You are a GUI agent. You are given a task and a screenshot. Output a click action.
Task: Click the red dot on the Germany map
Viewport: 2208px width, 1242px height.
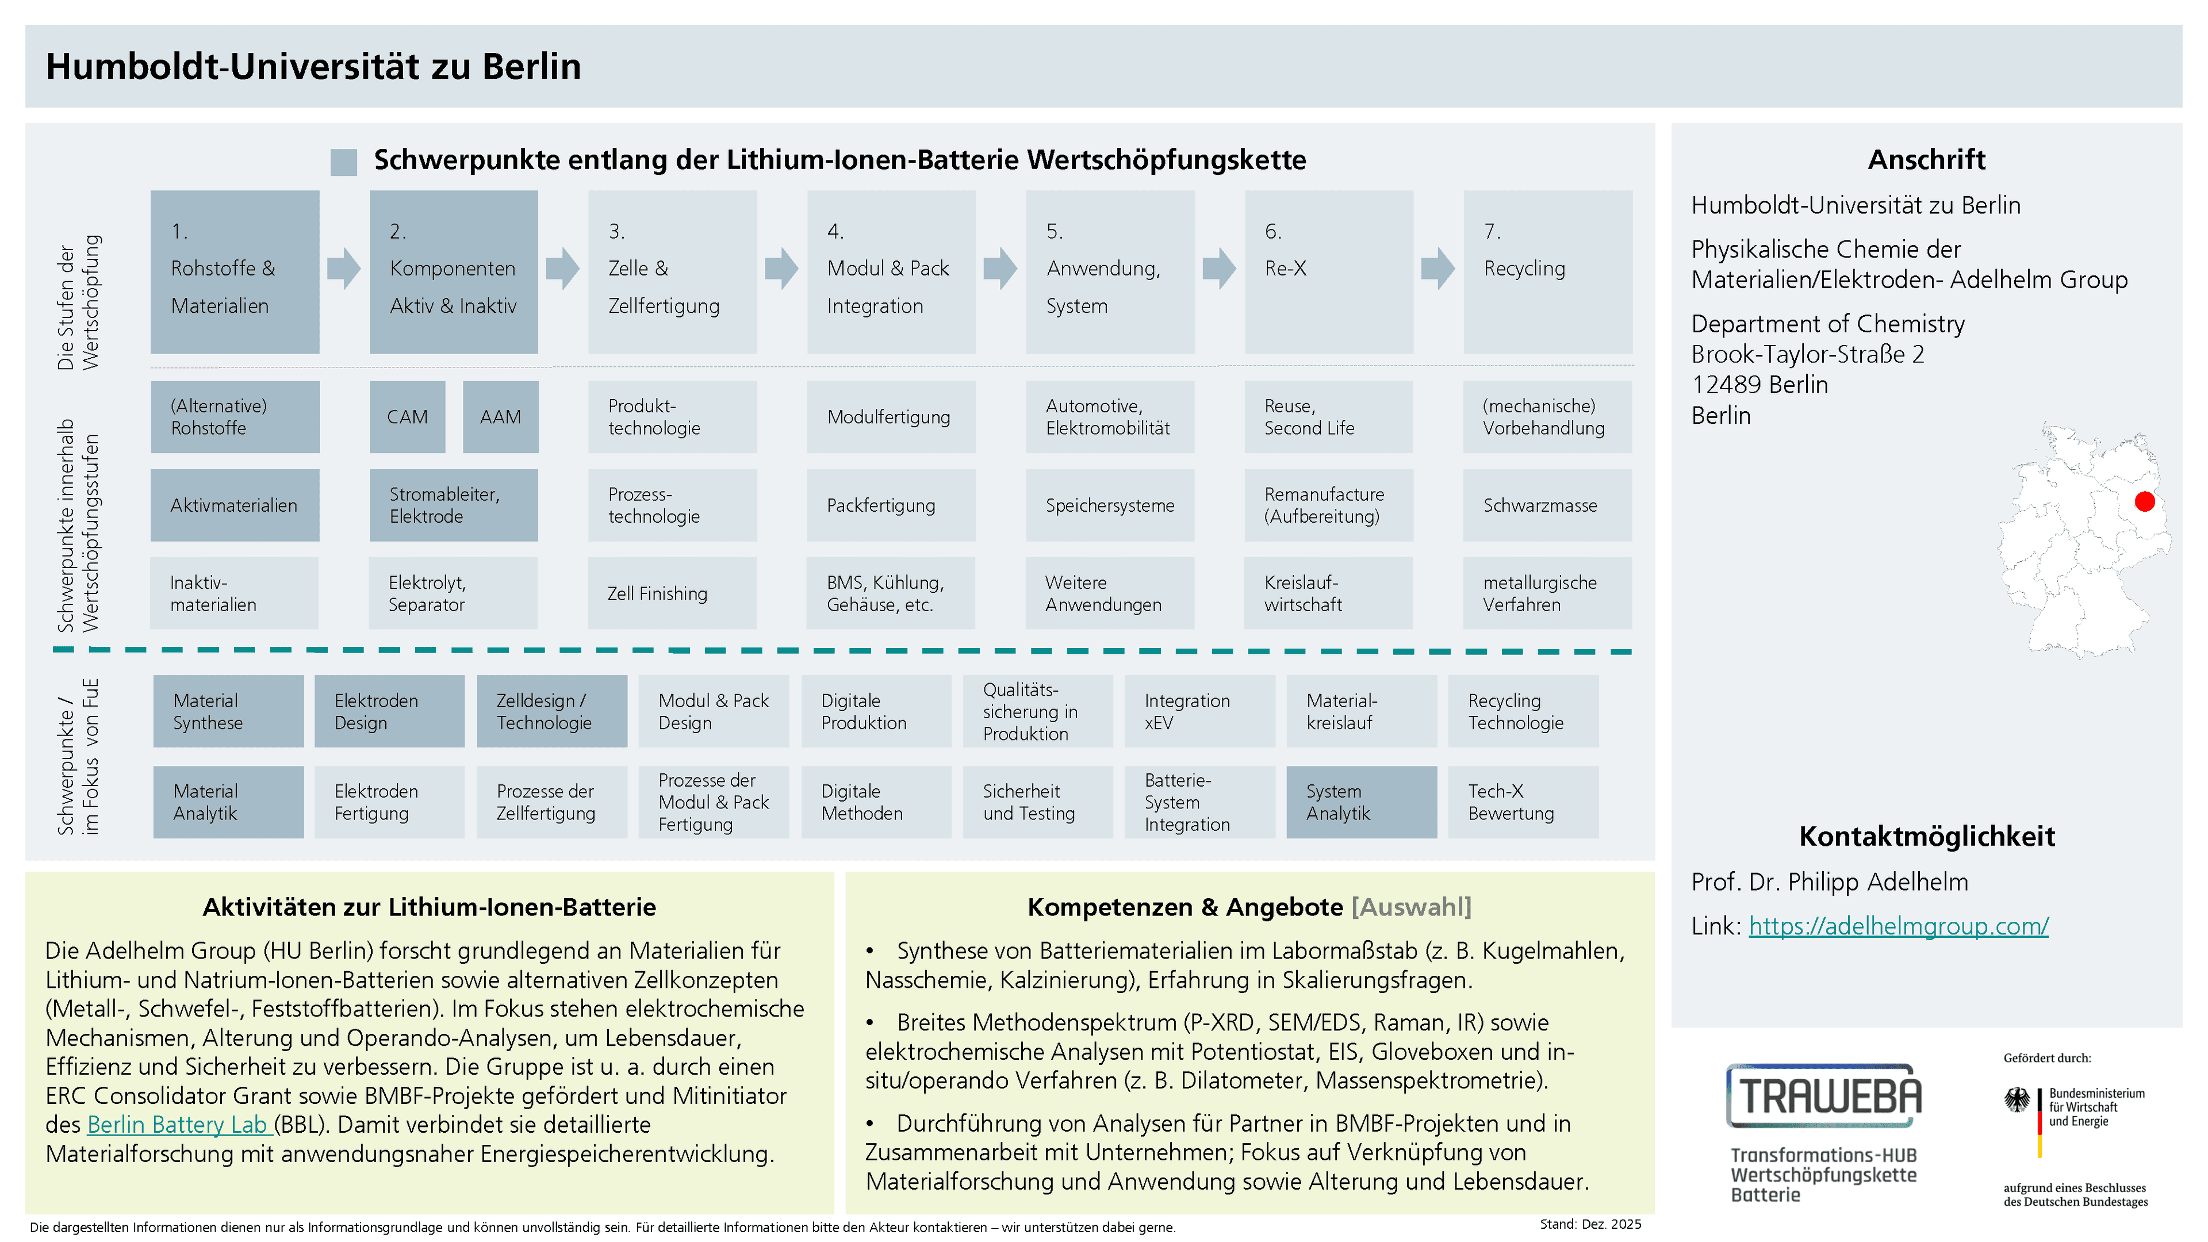click(2145, 501)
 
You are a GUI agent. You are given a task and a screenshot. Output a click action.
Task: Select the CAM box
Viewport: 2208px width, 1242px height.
click(407, 416)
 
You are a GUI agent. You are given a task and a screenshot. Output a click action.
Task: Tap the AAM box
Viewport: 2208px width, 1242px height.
click(501, 416)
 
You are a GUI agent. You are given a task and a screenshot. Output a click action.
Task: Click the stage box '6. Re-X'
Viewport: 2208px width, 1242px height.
click(1329, 272)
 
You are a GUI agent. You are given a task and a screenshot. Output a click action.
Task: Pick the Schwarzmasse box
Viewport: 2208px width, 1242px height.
click(1547, 505)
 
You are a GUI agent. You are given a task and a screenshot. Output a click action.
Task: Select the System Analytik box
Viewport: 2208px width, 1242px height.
click(1361, 802)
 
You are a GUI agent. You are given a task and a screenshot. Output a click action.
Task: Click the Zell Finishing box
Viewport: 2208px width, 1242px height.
click(672, 593)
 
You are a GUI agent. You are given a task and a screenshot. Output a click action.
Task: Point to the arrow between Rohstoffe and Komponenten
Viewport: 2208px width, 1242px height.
click(344, 269)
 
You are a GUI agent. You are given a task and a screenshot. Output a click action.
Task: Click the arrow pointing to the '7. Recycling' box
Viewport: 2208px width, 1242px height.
click(1437, 269)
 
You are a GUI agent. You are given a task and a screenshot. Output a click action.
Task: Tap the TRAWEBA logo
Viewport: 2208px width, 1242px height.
click(1824, 1095)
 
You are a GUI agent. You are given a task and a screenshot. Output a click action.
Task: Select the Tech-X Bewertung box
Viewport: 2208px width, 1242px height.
click(1523, 802)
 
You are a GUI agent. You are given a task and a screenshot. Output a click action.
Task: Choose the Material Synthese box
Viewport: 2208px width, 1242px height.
click(228, 711)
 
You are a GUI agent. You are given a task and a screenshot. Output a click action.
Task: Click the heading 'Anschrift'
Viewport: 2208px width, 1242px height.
click(1926, 159)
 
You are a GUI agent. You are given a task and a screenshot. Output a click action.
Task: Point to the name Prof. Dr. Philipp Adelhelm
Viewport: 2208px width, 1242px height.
click(1829, 882)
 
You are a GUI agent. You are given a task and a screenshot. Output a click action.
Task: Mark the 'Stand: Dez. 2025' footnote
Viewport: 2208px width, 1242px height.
click(1590, 1224)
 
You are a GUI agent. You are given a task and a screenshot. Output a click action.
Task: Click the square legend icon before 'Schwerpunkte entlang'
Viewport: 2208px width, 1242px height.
click(344, 162)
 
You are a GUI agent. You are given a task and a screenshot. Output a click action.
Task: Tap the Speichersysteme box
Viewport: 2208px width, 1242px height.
click(1110, 505)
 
